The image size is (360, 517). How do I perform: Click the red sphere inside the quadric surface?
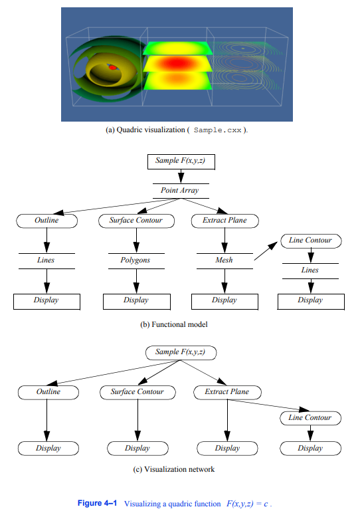click(x=113, y=67)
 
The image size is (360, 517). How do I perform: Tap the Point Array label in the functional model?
click(x=180, y=190)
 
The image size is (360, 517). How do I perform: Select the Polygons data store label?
click(x=135, y=260)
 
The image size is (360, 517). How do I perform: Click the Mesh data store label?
click(x=225, y=260)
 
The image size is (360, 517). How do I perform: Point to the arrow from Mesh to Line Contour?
click(x=266, y=251)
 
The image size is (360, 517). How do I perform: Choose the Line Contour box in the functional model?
click(x=311, y=241)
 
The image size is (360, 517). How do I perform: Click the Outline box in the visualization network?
click(x=48, y=392)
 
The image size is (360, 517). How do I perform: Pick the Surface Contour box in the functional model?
click(x=136, y=221)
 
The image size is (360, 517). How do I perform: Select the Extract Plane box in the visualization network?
click(x=227, y=392)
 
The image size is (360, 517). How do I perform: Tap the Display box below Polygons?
click(x=136, y=302)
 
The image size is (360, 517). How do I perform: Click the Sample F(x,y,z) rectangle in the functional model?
click(x=181, y=161)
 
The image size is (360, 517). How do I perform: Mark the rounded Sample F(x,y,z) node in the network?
click(x=181, y=352)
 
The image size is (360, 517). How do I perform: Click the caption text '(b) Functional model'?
click(x=174, y=324)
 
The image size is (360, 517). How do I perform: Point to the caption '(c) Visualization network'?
click(x=174, y=469)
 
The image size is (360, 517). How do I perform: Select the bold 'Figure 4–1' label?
click(x=97, y=503)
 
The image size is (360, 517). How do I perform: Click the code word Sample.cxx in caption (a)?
click(x=217, y=130)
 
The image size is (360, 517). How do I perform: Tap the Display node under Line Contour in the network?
click(x=310, y=448)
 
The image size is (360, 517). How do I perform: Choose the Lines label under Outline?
click(x=46, y=260)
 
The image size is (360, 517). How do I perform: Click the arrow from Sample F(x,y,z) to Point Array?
click(x=181, y=176)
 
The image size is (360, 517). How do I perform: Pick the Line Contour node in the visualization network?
click(x=310, y=418)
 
